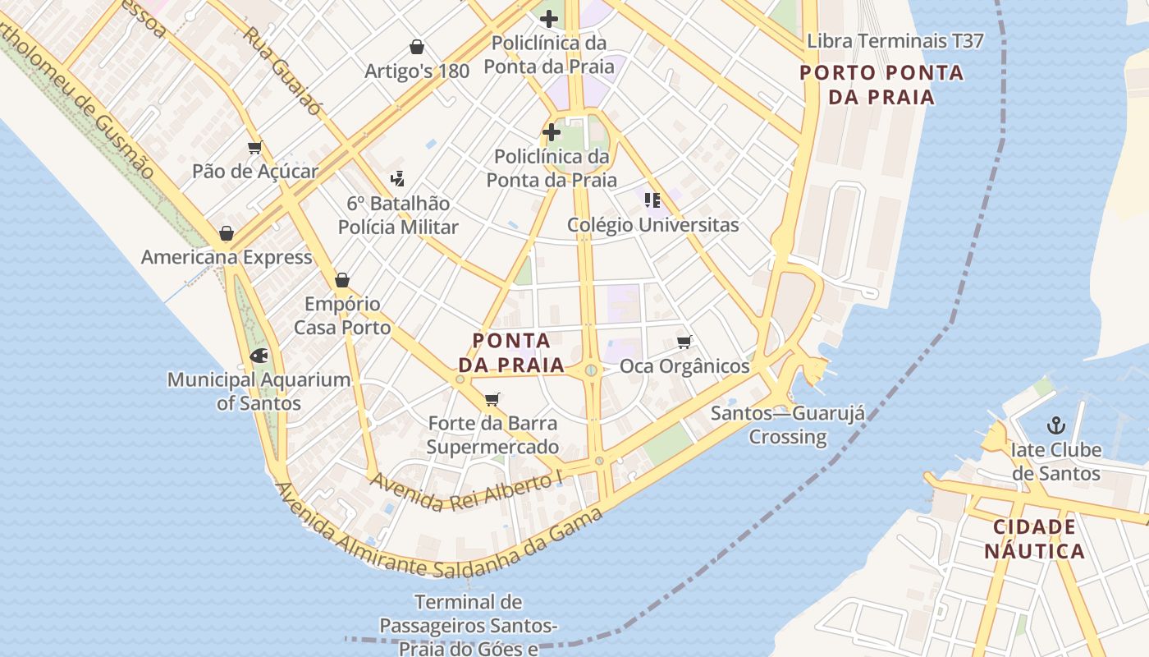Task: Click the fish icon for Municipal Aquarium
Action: click(x=259, y=356)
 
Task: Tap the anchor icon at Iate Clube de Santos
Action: click(x=1056, y=425)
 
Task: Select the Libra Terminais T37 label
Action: click(x=895, y=41)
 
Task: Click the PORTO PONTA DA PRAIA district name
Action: click(x=881, y=85)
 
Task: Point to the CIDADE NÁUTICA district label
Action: click(x=1034, y=539)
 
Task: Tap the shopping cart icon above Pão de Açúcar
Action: click(x=254, y=148)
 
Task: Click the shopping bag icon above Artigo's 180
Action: click(x=417, y=47)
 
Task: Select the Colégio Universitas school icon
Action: click(x=652, y=200)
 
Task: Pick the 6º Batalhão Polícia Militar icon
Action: click(x=398, y=178)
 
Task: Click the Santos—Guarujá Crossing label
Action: click(x=788, y=425)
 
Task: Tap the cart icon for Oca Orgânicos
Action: click(x=684, y=342)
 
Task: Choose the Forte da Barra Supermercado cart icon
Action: click(x=492, y=400)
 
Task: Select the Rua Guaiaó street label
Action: click(x=282, y=71)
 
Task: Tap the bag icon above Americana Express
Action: click(x=227, y=233)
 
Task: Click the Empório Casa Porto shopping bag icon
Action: click(x=342, y=280)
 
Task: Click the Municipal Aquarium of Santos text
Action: click(x=259, y=392)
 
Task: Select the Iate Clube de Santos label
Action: click(x=1055, y=462)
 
